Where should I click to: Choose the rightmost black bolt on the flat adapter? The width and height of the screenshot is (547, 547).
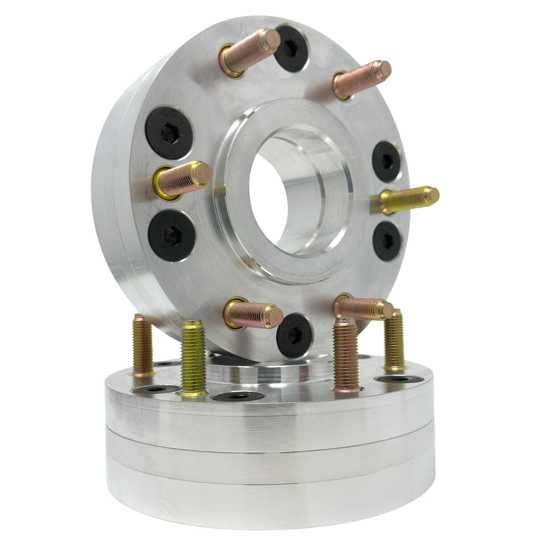point(396,379)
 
